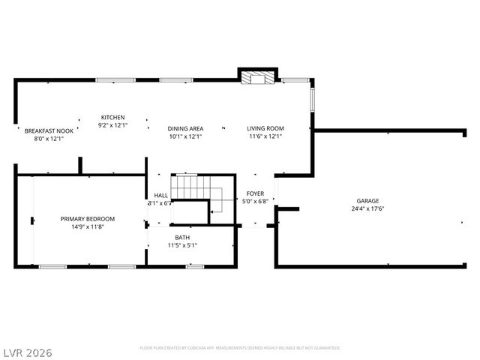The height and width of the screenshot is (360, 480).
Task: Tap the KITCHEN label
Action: coord(113,117)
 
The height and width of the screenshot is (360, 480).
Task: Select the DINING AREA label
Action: coord(185,129)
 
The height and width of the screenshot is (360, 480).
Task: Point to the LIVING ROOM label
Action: coord(265,129)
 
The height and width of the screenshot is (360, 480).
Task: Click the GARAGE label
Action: coord(367,201)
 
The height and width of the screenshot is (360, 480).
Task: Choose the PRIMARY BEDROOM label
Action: coord(88,219)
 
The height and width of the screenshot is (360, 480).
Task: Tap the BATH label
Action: coord(182,237)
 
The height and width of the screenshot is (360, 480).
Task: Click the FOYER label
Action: coord(256,193)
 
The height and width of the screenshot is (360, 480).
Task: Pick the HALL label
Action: coord(161,195)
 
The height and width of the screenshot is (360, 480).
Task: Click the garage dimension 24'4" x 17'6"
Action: coord(367,208)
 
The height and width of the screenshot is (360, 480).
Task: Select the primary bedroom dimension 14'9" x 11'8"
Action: coord(88,226)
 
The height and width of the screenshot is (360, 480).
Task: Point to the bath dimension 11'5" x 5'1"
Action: coord(182,244)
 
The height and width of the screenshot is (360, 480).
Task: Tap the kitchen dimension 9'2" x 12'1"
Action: coord(113,125)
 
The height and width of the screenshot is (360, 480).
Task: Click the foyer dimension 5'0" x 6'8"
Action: coord(256,201)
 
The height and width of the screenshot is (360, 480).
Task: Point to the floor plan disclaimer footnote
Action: coord(240,348)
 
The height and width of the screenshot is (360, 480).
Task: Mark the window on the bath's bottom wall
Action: coord(195,266)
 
